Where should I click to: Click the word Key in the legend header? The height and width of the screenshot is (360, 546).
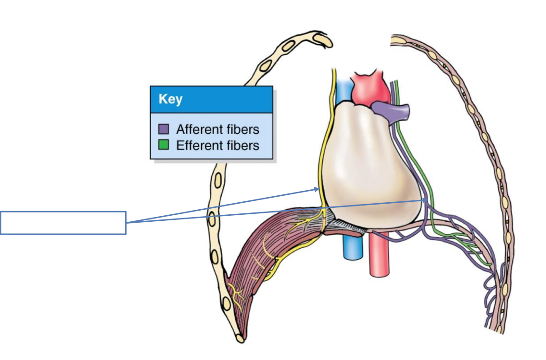[170, 100]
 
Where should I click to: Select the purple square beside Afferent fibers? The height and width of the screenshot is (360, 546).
[163, 129]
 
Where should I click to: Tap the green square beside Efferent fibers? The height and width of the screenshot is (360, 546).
[163, 145]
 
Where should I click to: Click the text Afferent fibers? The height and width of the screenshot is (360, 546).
[217, 129]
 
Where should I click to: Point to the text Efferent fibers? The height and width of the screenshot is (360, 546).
[217, 145]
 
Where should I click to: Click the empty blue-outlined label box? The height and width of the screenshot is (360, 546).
[63, 223]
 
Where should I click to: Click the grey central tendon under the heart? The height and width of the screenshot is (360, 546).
[345, 223]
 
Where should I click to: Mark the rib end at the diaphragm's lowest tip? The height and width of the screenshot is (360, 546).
[239, 337]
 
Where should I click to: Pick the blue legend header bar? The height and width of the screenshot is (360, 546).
[211, 99]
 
